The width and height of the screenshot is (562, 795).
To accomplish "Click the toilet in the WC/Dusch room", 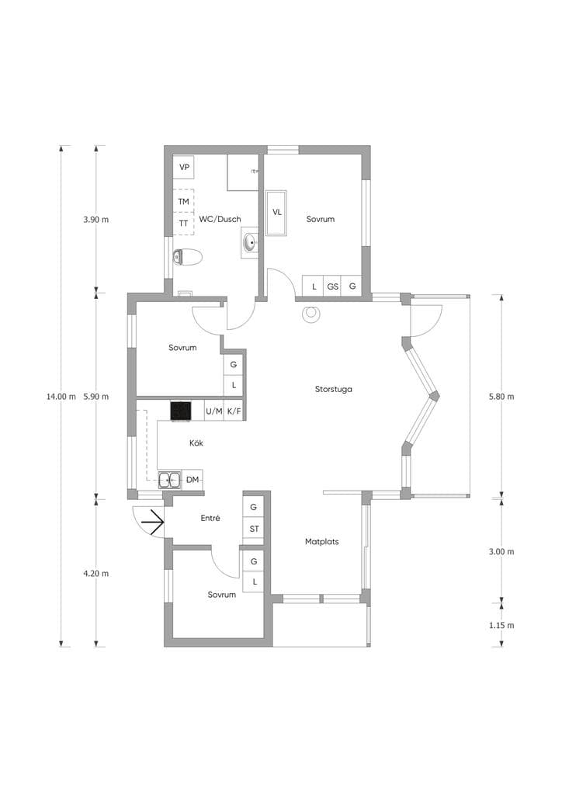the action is point(188,257).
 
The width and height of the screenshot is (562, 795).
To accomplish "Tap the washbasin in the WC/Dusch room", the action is point(250,243).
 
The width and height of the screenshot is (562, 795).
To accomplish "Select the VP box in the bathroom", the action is point(184,167).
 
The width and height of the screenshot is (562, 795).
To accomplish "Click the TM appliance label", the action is point(183,201).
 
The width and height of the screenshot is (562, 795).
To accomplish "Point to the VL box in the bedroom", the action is point(276,213).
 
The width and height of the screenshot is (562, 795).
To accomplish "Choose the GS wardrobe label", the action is point(332,286).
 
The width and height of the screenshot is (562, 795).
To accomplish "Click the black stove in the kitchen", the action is point(181,411).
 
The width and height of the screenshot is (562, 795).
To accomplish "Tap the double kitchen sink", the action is point(169,479).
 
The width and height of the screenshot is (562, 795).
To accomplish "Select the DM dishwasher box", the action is point(193,480).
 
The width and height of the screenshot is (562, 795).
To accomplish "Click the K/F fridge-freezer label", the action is point(234,411).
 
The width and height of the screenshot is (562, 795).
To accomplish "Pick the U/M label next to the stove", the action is point(213,411).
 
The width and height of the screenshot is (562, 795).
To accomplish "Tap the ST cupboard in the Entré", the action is point(254,529).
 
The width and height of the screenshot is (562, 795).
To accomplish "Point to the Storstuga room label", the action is point(334,390).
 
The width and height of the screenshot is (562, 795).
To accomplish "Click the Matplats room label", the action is point(322,541).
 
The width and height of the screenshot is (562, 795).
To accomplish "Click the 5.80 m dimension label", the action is point(501,397).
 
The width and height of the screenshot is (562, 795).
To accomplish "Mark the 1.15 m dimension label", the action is point(501,625).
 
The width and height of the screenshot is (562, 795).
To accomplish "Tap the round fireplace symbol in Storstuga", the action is point(310,314).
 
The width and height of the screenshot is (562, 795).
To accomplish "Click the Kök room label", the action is point(196,443).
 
